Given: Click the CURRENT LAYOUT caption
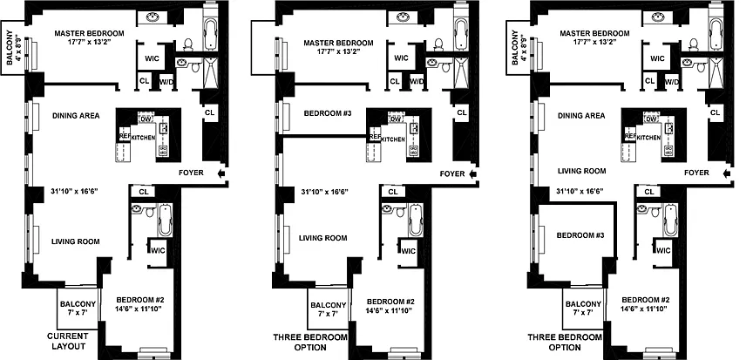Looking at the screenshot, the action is coord(67,342).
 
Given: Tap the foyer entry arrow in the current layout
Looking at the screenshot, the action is coord(221,173).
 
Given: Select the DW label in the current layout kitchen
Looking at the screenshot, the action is coord(144,118).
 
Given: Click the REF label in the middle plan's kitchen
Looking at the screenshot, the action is coord(375,136).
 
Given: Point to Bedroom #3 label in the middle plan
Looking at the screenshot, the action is coord(328,114).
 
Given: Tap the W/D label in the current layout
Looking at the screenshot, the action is coord(166,82).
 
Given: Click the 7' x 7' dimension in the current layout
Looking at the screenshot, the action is coord(78,313).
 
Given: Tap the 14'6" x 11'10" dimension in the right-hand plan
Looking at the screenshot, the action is coord(642,309).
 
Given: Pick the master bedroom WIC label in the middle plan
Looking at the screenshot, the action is coord(402,58).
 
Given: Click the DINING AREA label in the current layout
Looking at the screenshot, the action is coord(77,116).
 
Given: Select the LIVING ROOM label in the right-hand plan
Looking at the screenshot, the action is coord(582,171).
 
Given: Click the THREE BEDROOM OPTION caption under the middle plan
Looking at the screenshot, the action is coord(309,343).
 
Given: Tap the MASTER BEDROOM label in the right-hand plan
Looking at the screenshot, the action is coord(594,34).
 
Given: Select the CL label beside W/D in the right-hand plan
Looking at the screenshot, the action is coord(650,81).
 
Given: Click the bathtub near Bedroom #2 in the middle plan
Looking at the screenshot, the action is coord(416,221).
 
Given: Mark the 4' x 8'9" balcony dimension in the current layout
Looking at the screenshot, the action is coord(19,48).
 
